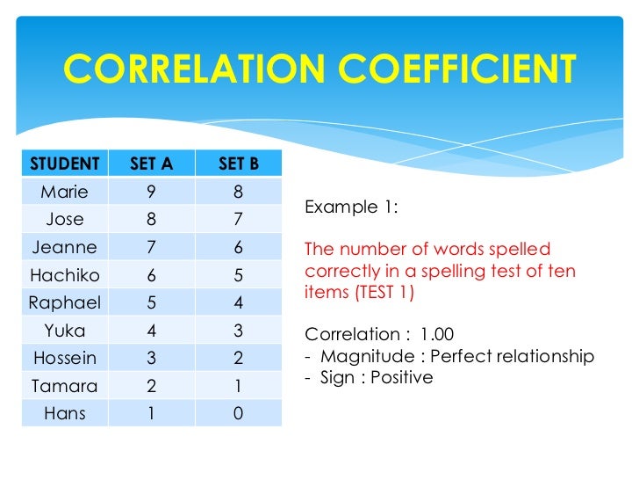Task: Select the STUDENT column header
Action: (x=65, y=164)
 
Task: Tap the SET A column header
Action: (x=152, y=164)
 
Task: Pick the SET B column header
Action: (x=238, y=164)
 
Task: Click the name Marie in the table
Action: (x=65, y=191)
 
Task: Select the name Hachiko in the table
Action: (x=65, y=275)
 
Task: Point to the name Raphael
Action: (x=65, y=303)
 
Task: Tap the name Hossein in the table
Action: (x=65, y=358)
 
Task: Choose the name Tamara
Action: (x=65, y=386)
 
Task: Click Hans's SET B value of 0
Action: (x=238, y=413)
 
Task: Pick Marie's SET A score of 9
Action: (x=152, y=191)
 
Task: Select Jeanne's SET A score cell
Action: (x=152, y=248)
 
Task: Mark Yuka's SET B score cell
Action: (x=238, y=331)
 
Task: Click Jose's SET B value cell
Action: (x=238, y=219)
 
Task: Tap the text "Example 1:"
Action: (x=351, y=207)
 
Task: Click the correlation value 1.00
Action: (x=437, y=335)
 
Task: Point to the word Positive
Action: (x=403, y=377)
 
